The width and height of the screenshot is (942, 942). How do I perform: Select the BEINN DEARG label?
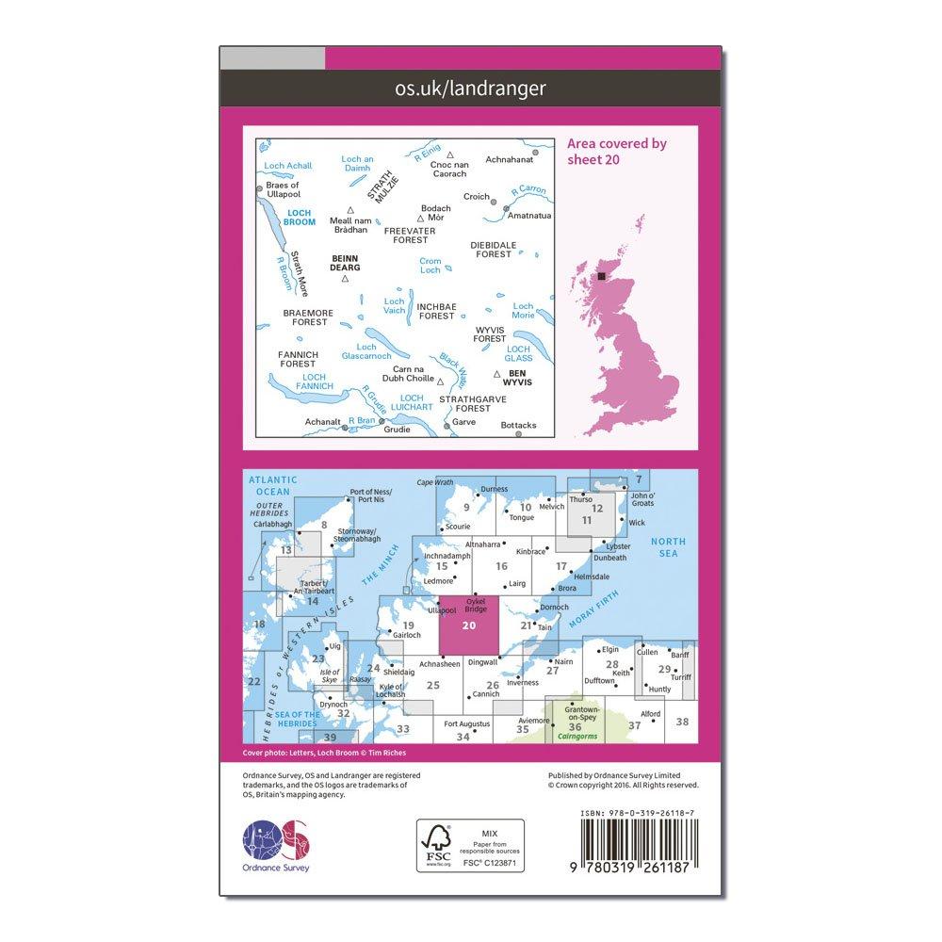345,261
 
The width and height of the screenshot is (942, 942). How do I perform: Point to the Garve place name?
464,421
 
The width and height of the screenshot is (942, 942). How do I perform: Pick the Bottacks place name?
518,425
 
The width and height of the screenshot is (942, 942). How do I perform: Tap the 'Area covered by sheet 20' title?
616,151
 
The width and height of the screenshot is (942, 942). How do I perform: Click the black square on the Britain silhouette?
602,276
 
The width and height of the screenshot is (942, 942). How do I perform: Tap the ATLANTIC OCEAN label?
272,485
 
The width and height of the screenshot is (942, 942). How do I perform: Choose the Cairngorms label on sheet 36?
575,738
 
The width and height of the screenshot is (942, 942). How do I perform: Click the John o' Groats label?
643,501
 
